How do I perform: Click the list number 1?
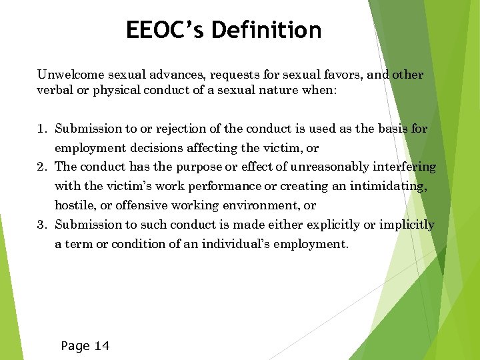click(x=41, y=128)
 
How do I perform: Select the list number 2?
click(x=41, y=167)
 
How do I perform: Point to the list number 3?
click(x=41, y=225)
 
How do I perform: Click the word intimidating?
click(x=387, y=186)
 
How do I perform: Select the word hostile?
click(x=74, y=205)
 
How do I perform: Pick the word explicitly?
click(x=325, y=225)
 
